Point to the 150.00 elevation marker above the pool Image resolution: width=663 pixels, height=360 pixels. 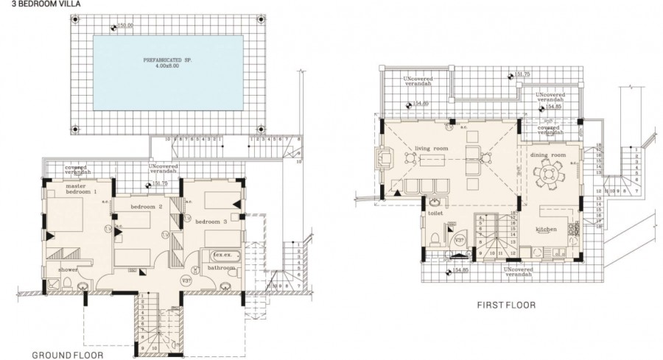pyautogui.click(x=126, y=27)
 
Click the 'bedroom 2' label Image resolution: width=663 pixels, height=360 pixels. pyautogui.click(x=147, y=207)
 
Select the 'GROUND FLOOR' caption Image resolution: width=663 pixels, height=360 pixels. pyautogui.click(x=67, y=354)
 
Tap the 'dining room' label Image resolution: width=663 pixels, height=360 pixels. pyautogui.click(x=547, y=155)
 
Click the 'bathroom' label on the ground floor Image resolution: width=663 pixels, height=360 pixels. pyautogui.click(x=222, y=269)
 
